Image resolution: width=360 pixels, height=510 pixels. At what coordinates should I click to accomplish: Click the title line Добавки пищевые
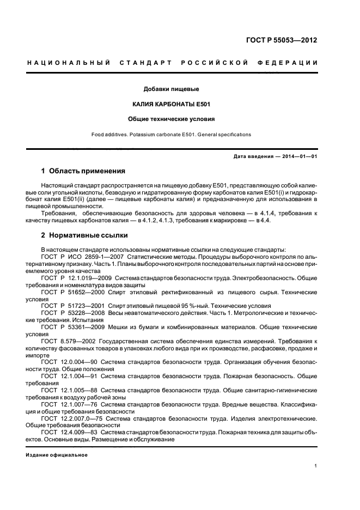coord(171,88)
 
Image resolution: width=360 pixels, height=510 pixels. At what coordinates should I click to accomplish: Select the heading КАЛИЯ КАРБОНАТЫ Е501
coord(171,104)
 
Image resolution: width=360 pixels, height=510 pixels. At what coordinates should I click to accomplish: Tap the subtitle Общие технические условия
coord(171,118)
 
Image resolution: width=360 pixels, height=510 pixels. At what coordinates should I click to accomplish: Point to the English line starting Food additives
coord(171,133)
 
